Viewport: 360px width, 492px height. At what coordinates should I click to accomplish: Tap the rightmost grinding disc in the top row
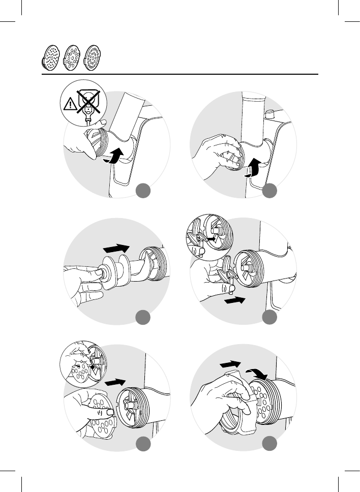tap(93, 57)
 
